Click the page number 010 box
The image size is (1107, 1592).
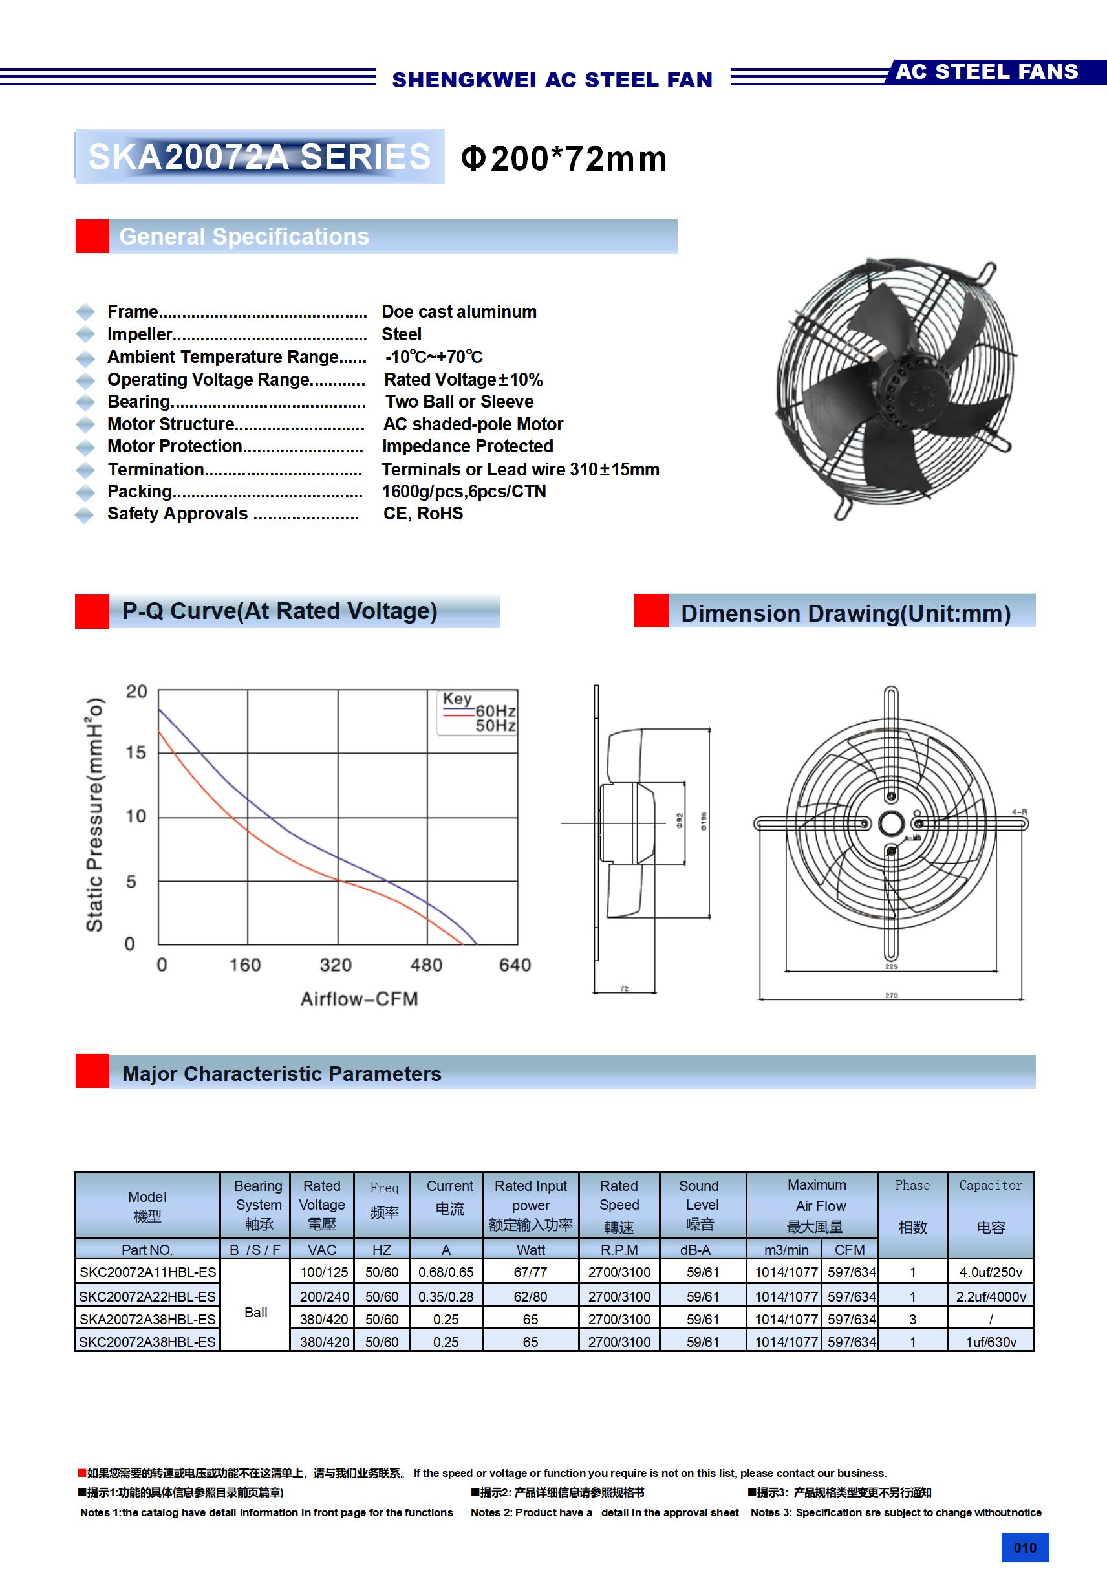coord(1024,1547)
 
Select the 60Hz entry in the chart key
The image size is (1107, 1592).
coord(495,711)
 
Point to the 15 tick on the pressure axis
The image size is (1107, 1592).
coord(136,752)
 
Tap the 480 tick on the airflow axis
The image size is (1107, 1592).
coord(425,965)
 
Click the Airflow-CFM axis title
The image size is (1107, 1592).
coord(359,998)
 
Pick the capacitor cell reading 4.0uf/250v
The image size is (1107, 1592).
coord(991,1272)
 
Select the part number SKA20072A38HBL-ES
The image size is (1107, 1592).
coord(147,1319)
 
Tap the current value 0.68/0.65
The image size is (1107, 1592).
coord(446,1272)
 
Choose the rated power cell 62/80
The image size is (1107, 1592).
coord(530,1296)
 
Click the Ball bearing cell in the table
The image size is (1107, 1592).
coord(256,1313)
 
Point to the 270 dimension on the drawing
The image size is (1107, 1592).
coord(892,995)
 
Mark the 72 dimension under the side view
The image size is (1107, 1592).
coord(624,988)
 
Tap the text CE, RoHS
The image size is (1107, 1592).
coord(423,514)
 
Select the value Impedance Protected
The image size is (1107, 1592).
coord(468,446)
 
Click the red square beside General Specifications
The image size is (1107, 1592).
coord(92,237)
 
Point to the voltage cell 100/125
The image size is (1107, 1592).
coord(324,1272)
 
